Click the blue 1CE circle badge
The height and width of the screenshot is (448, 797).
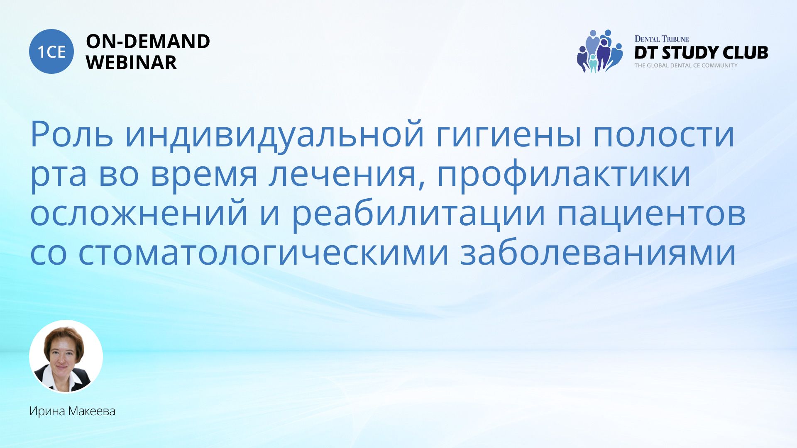[51, 51]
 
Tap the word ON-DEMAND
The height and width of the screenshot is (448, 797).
[148, 41]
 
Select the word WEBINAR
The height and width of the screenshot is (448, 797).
[131, 63]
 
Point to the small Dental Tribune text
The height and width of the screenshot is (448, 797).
[662, 39]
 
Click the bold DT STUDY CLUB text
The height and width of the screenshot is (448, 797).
[701, 53]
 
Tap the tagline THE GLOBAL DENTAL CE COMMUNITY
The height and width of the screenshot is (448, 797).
[686, 66]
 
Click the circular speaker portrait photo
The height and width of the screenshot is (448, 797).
[66, 356]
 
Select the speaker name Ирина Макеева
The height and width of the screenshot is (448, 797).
[72, 411]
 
